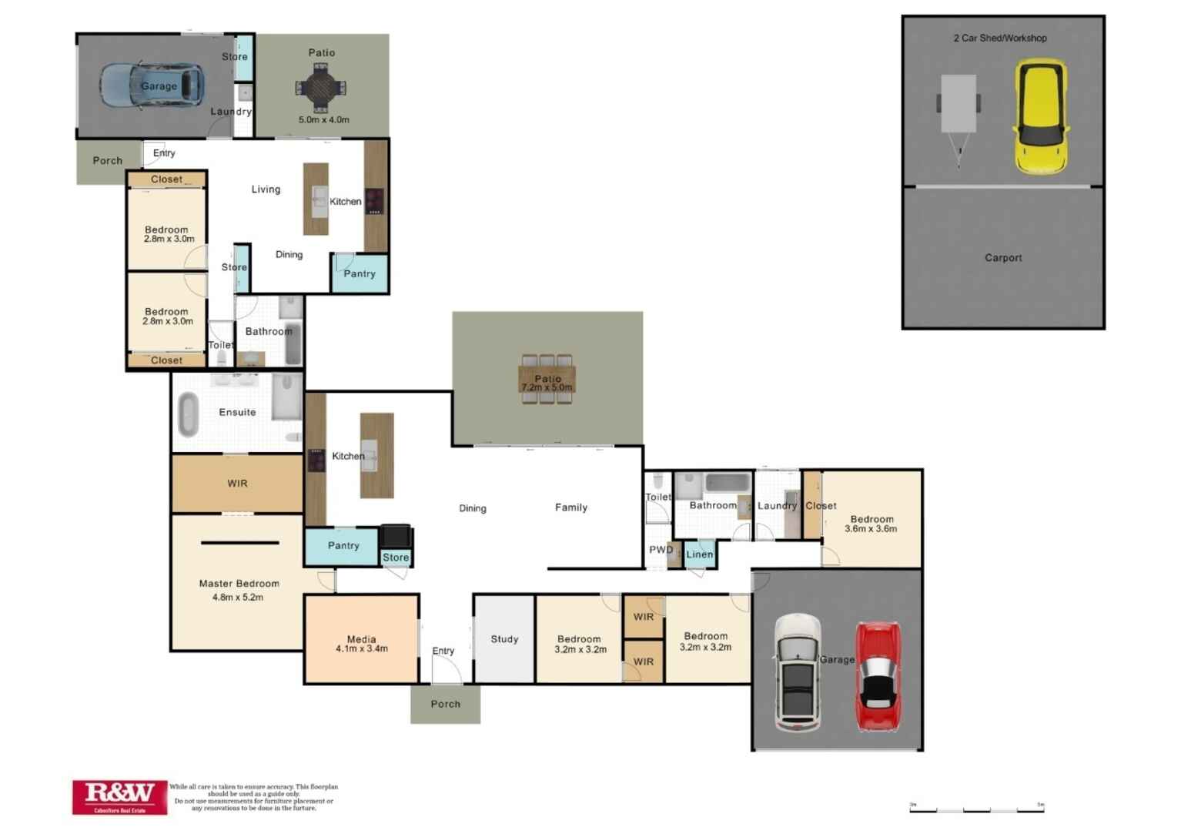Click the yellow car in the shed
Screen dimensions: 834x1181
[1040, 117]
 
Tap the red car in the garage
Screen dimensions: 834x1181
[878, 676]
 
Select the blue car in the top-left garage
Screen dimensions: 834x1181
[152, 85]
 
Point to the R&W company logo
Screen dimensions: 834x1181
[119, 796]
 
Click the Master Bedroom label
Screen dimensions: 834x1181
[239, 584]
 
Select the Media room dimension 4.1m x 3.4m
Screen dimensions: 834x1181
[361, 649]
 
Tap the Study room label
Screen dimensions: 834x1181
[504, 639]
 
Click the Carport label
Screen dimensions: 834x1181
[1003, 258]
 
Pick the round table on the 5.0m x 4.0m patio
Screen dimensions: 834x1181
[320, 88]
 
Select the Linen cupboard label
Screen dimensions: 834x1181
[699, 554]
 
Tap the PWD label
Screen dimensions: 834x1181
[661, 550]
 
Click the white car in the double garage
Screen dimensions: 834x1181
[798, 672]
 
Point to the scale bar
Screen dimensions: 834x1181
[976, 809]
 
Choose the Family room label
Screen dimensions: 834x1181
[570, 507]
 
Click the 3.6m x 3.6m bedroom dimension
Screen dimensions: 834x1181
[871, 529]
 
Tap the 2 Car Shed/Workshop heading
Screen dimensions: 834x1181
[999, 38]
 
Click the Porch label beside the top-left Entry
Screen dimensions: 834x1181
[107, 161]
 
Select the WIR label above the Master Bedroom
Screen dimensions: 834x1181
[237, 484]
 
